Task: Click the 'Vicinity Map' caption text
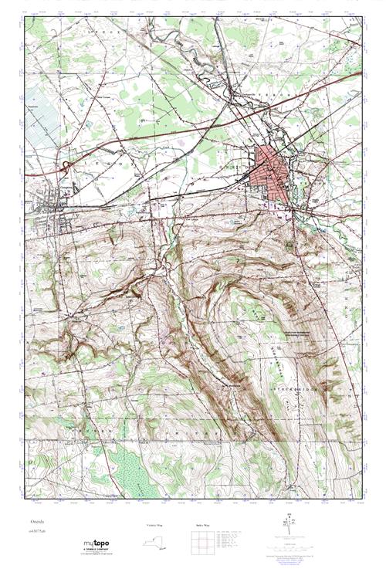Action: pyautogui.click(x=155, y=524)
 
